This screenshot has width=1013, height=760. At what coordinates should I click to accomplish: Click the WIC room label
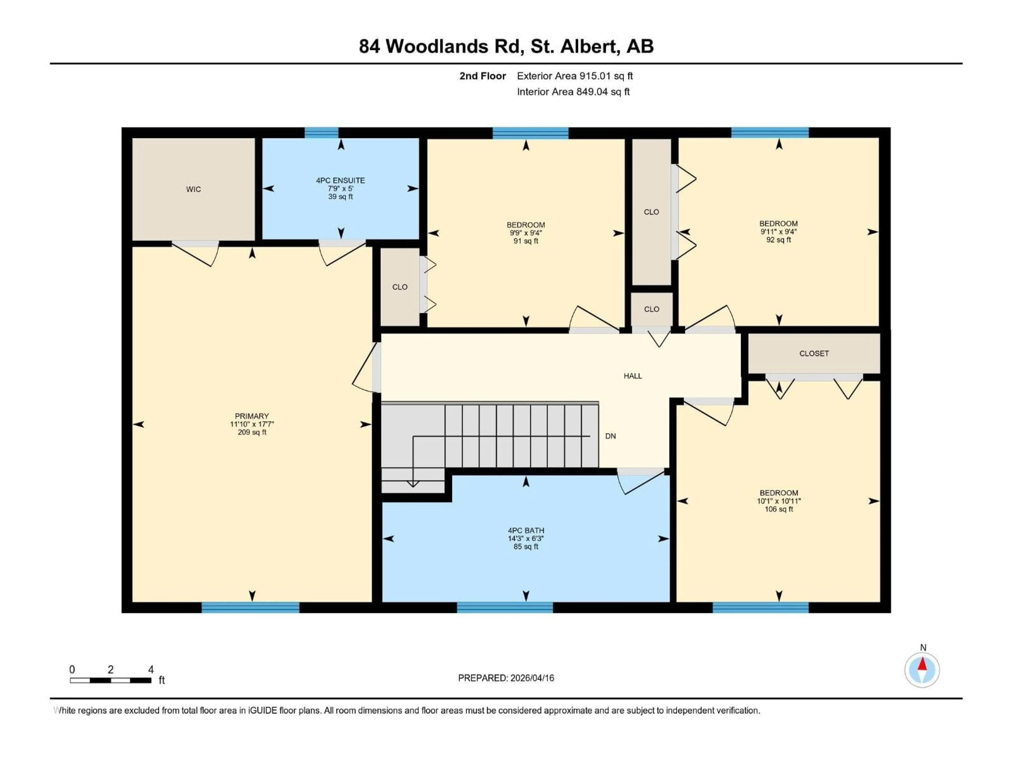193,189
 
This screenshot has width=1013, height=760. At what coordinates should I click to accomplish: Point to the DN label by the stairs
610,436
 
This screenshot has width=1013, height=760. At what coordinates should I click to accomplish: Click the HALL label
632,376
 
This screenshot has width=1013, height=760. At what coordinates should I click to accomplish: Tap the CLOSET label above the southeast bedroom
814,353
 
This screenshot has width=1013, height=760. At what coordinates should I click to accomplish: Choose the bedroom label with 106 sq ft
778,493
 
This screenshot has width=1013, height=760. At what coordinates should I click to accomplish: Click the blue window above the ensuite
322,133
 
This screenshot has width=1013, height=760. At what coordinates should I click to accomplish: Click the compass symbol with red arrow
922,670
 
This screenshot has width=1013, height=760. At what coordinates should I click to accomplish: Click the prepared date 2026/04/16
531,678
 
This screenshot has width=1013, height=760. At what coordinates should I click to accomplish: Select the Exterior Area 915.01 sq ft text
575,76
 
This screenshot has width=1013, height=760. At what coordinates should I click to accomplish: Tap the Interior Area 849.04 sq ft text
573,92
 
